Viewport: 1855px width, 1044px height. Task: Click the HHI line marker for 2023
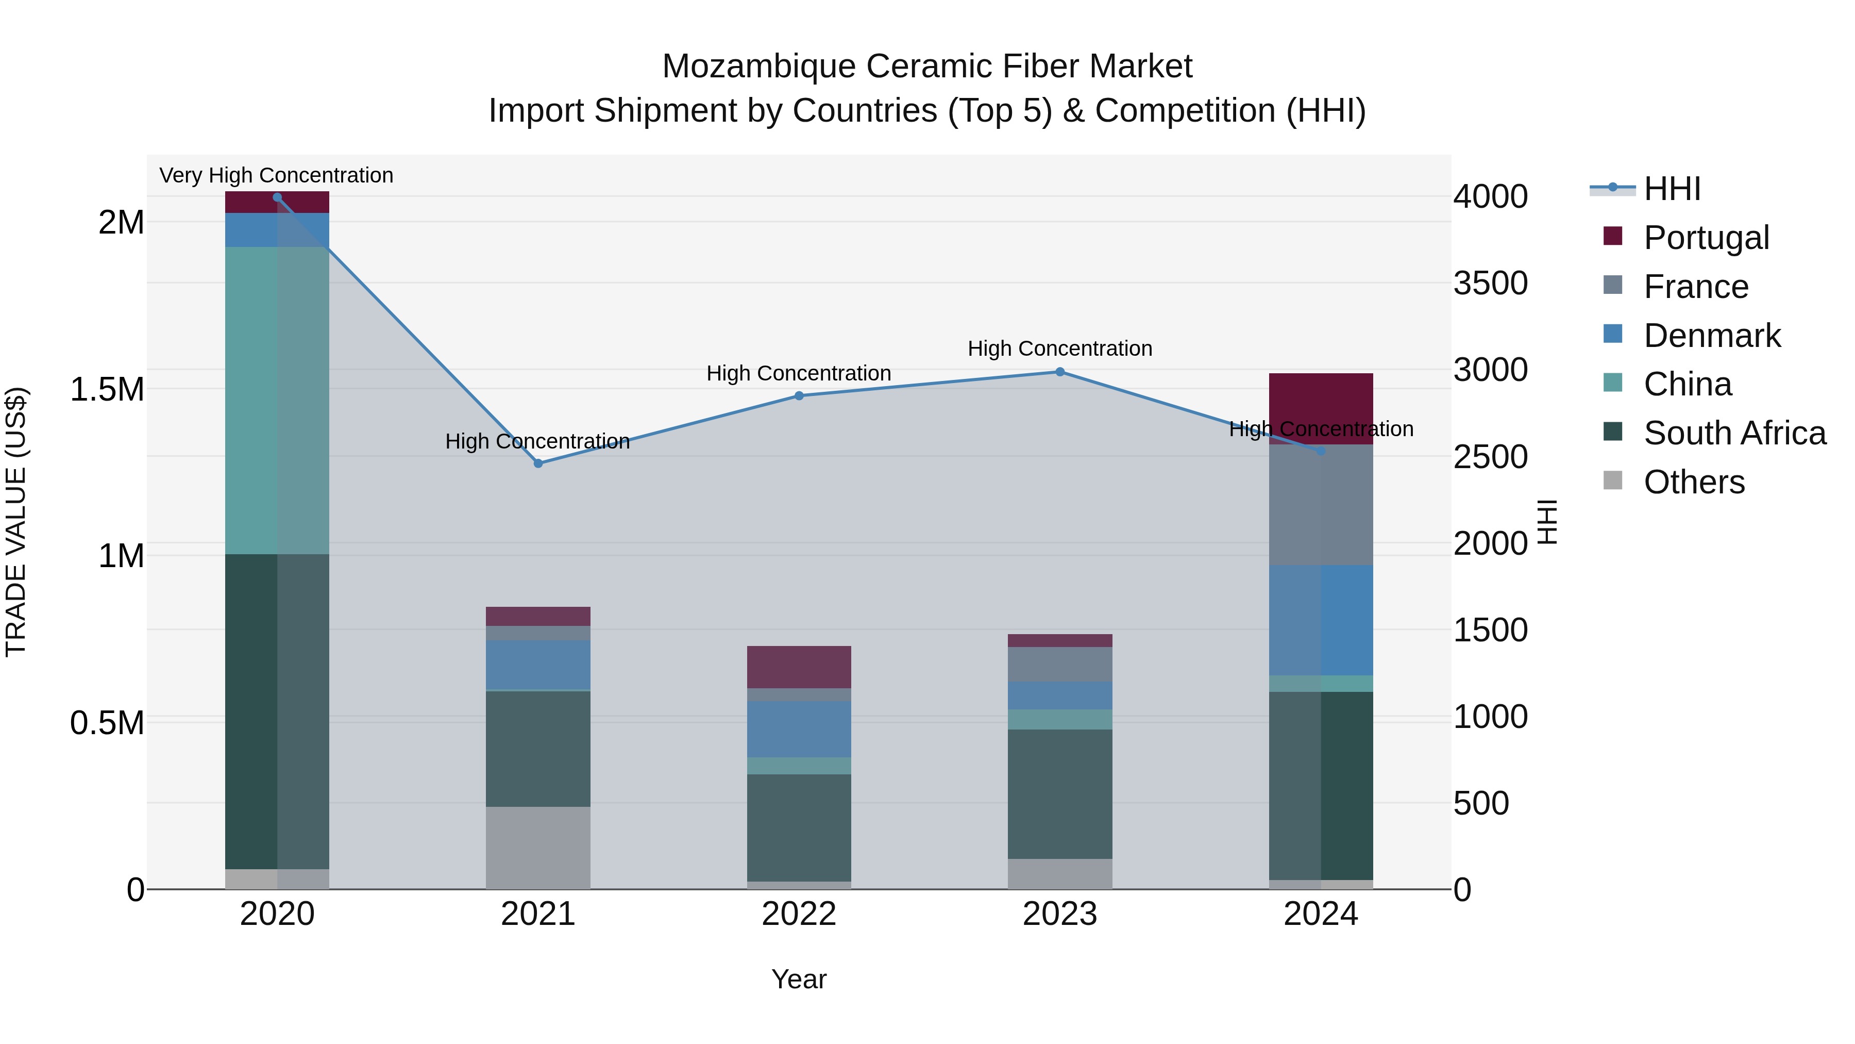[x=1059, y=372]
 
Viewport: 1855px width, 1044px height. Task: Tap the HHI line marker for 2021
[x=538, y=463]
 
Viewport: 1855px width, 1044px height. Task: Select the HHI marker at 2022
[x=799, y=395]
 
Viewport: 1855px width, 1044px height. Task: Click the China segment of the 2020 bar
[x=277, y=400]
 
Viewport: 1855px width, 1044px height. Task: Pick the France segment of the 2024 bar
[x=1320, y=504]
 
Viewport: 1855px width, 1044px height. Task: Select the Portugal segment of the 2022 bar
[x=799, y=667]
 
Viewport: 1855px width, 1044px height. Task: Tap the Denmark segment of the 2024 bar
[x=1320, y=620]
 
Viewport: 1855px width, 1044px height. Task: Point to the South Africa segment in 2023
[x=1059, y=793]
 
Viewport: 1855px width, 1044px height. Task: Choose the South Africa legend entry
[x=1734, y=433]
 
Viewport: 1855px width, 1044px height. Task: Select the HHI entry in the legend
[x=1672, y=189]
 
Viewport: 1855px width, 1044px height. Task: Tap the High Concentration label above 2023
[x=1059, y=349]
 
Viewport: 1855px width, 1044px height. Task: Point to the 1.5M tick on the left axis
[x=107, y=389]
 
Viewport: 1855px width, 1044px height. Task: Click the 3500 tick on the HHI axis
[x=1490, y=283]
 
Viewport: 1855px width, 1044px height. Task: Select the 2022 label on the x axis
[x=799, y=914]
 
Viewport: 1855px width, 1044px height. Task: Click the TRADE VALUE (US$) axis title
[x=16, y=522]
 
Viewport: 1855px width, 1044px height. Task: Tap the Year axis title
[x=799, y=979]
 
